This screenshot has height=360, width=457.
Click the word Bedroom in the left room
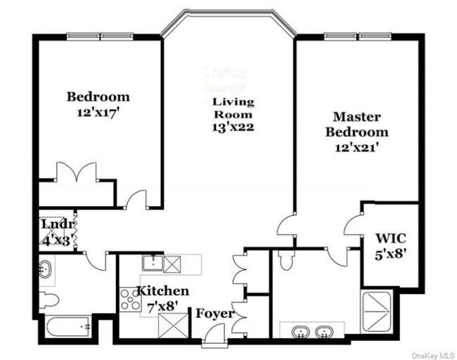[x=98, y=97]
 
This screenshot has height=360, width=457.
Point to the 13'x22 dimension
[x=233, y=127]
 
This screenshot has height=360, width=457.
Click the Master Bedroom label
[x=361, y=124]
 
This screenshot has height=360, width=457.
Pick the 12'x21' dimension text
[x=361, y=148]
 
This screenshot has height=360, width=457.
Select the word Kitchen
[x=162, y=291]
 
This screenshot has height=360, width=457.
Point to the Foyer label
[x=215, y=314]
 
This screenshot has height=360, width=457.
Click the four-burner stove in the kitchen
[x=129, y=300]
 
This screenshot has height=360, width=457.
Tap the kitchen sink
[x=152, y=264]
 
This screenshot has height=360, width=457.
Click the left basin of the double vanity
[x=299, y=330]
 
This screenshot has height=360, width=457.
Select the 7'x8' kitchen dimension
[x=162, y=304]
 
